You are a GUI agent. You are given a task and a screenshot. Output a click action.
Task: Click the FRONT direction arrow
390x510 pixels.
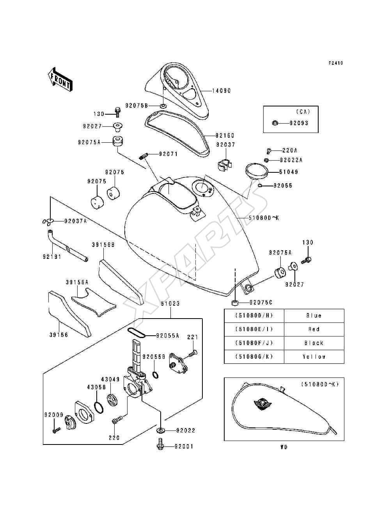click(x=60, y=80)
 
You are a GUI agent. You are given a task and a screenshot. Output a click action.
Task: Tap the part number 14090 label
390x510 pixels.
click(x=222, y=90)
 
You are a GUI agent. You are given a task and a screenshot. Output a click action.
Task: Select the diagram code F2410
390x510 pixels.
click(x=336, y=63)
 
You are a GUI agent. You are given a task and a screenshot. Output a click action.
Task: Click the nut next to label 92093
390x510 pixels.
click(x=275, y=123)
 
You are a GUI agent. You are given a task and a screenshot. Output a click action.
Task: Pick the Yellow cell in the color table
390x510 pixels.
click(x=314, y=357)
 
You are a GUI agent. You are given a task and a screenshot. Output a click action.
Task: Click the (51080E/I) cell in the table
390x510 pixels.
click(x=254, y=329)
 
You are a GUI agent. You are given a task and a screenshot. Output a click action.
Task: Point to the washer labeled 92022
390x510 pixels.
click(x=160, y=430)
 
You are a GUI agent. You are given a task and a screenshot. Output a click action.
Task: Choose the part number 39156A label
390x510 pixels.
click(x=77, y=283)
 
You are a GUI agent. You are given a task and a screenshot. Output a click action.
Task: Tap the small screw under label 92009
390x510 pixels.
click(x=56, y=430)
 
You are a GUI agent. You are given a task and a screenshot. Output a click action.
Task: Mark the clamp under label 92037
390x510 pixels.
click(x=225, y=165)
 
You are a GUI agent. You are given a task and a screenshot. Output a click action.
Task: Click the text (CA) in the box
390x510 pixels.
click(x=303, y=112)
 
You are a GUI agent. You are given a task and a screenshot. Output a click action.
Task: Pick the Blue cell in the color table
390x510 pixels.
click(x=314, y=316)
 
